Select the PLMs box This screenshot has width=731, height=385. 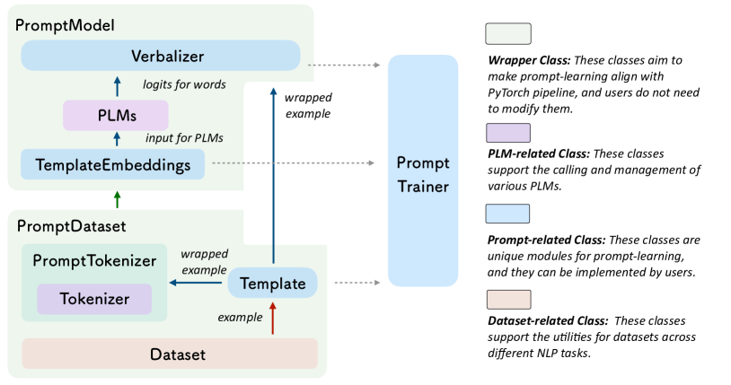pos(116,115)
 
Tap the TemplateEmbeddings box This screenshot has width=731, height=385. pos(112,164)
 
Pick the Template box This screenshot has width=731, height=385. pos(272,284)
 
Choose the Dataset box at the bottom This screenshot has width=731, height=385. pos(170,354)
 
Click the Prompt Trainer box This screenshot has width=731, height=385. pos(423,170)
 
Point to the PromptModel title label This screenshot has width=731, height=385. pos(65,24)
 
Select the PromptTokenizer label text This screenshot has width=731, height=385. pos(94,261)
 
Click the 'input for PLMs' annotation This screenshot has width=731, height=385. pos(184,138)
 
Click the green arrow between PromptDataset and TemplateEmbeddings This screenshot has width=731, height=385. pos(116,197)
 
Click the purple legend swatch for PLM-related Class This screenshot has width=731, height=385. pos(507,133)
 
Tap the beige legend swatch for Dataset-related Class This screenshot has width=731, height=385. pos(507,299)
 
